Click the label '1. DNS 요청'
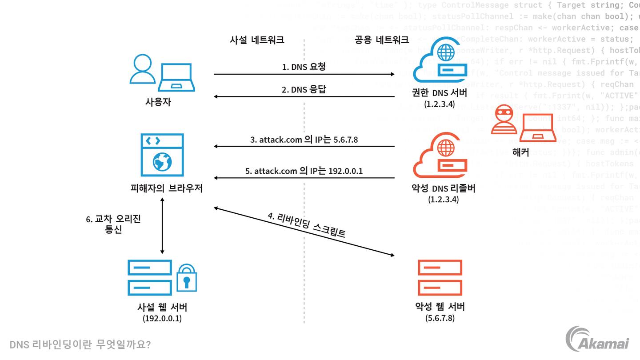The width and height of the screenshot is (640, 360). pos(304,67)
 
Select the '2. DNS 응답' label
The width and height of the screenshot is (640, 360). pos(304,90)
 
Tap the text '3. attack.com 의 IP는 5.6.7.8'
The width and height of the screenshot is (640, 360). pos(304,140)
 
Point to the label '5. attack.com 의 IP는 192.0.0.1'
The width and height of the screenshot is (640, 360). pos(304,171)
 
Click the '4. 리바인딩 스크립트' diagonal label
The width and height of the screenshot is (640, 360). pos(306,226)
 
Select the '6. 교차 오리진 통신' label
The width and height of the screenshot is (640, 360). pos(113,224)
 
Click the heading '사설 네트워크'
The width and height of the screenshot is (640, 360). pos(257,40)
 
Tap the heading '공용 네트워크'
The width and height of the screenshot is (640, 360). pos(381,40)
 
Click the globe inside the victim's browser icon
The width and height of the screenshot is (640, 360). pos(162,162)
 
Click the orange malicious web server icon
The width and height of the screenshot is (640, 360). pos(440,278)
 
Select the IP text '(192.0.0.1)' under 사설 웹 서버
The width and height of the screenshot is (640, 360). pos(162,319)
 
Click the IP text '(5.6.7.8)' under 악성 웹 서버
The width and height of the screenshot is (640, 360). pos(440,318)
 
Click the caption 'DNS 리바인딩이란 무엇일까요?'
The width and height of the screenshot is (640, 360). pos(80,344)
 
